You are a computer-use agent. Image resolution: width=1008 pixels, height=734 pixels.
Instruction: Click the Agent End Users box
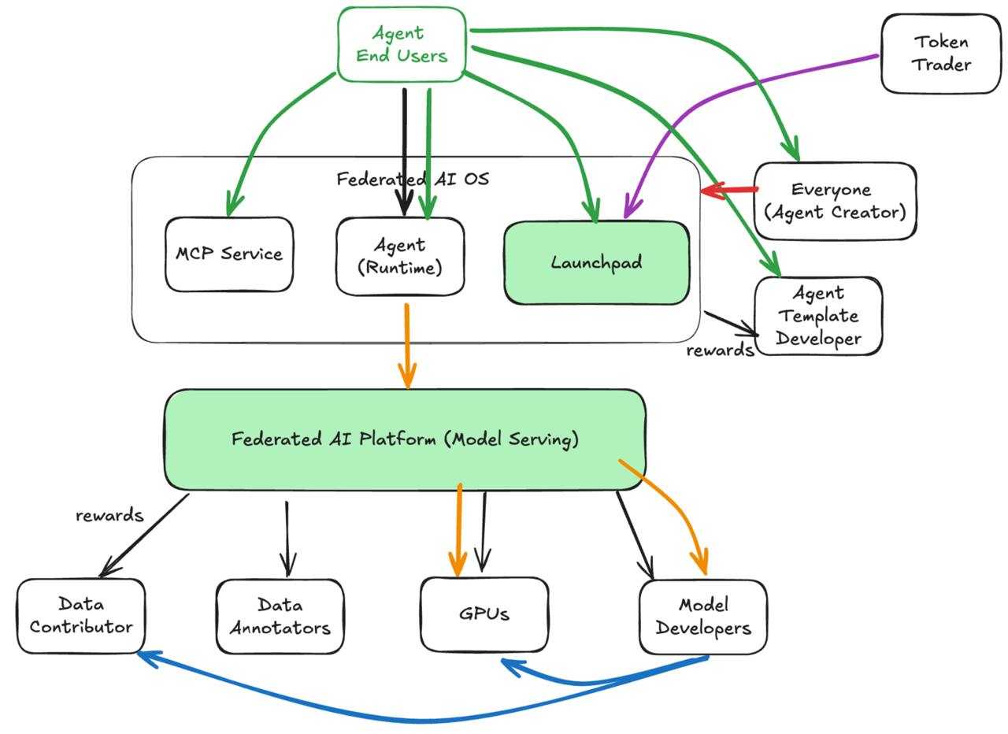(402, 45)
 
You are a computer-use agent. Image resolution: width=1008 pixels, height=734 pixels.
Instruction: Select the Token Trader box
(940, 54)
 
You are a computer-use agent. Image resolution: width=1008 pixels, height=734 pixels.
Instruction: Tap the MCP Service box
(229, 254)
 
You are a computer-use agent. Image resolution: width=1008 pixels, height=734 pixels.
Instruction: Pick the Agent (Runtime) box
(400, 257)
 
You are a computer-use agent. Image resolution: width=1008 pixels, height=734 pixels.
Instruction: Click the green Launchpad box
(596, 263)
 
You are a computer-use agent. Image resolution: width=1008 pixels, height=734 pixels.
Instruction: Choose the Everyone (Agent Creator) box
(835, 201)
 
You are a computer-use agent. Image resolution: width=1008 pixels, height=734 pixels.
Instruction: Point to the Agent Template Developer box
(818, 316)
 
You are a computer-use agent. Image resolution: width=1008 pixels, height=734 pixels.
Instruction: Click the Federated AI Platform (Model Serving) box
(405, 439)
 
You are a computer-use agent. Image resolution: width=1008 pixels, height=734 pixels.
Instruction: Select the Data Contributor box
(81, 616)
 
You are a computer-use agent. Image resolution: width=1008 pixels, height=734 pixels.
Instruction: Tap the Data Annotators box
(280, 617)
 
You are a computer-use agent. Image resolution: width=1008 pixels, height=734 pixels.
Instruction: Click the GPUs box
(484, 614)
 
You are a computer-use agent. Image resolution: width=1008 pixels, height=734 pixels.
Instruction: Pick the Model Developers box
(702, 617)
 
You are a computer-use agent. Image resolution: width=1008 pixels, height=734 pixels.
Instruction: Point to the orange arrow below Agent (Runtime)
(407, 347)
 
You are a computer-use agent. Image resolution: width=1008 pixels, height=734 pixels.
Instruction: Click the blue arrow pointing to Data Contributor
(394, 717)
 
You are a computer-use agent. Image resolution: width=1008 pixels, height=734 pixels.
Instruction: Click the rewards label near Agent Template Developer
(720, 350)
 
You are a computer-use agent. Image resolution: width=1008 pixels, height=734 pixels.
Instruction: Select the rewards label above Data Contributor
(109, 516)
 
